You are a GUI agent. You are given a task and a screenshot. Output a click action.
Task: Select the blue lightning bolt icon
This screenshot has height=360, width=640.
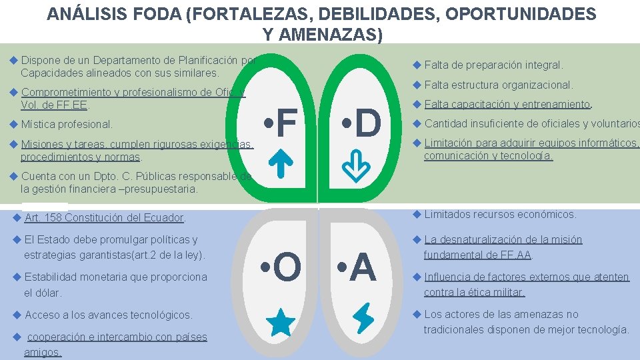click(x=364, y=318)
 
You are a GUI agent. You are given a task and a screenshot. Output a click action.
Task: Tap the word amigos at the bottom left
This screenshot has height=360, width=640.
click(x=43, y=352)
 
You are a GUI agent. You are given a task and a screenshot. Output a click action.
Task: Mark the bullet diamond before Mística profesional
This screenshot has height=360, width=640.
click(x=14, y=123)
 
